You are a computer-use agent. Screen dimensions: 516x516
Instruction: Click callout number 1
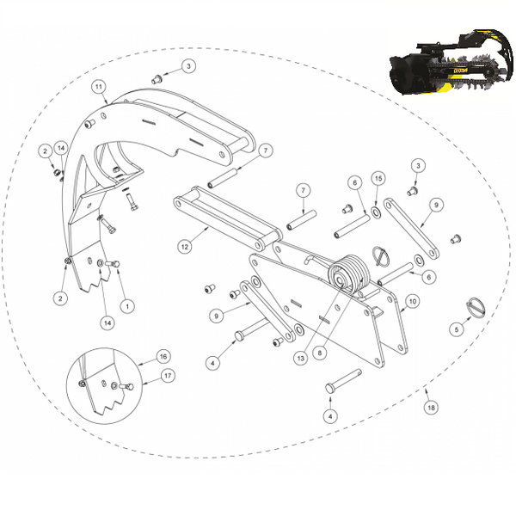[127, 304]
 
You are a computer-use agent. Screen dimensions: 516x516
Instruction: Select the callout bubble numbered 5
[458, 329]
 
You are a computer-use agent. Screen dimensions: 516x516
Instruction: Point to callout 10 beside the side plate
[412, 301]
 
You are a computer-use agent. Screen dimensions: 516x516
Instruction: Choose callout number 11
[99, 87]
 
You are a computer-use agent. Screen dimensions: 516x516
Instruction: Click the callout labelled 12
[184, 246]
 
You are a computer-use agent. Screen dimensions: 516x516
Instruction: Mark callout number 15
[377, 177]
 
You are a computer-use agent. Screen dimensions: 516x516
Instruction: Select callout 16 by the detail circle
[162, 356]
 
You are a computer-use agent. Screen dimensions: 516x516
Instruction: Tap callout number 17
[167, 375]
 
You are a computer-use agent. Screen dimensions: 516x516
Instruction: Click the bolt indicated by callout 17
[127, 387]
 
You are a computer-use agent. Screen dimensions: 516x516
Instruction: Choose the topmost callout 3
[188, 65]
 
